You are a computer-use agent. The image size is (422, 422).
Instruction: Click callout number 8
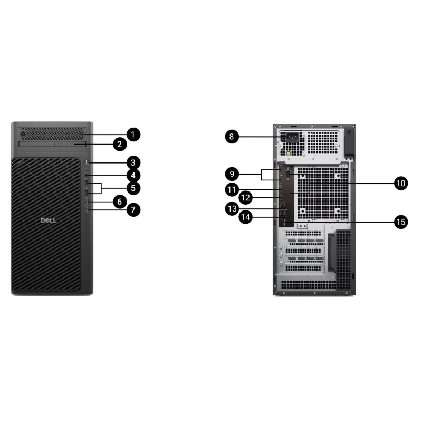coord(231,137)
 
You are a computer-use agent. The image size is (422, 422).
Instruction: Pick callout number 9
coord(231,173)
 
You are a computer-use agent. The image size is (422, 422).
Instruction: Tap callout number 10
coord(401,183)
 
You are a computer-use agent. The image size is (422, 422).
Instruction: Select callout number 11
coord(231,189)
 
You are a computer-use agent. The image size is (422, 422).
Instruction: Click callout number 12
coord(245,198)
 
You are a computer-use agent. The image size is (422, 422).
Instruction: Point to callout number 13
coord(231,209)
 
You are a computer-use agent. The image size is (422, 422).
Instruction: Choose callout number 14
coord(245,216)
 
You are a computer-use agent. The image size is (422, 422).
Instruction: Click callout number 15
coord(401,222)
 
